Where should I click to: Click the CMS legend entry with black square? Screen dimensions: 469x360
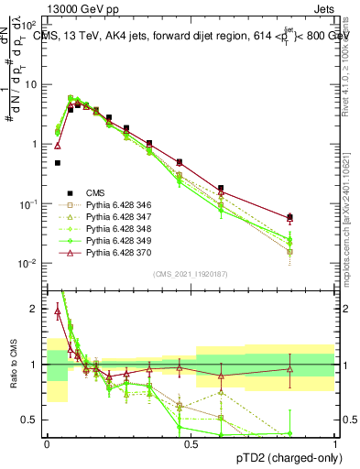[95, 192]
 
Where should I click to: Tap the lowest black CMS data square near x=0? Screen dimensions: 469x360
[58, 163]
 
